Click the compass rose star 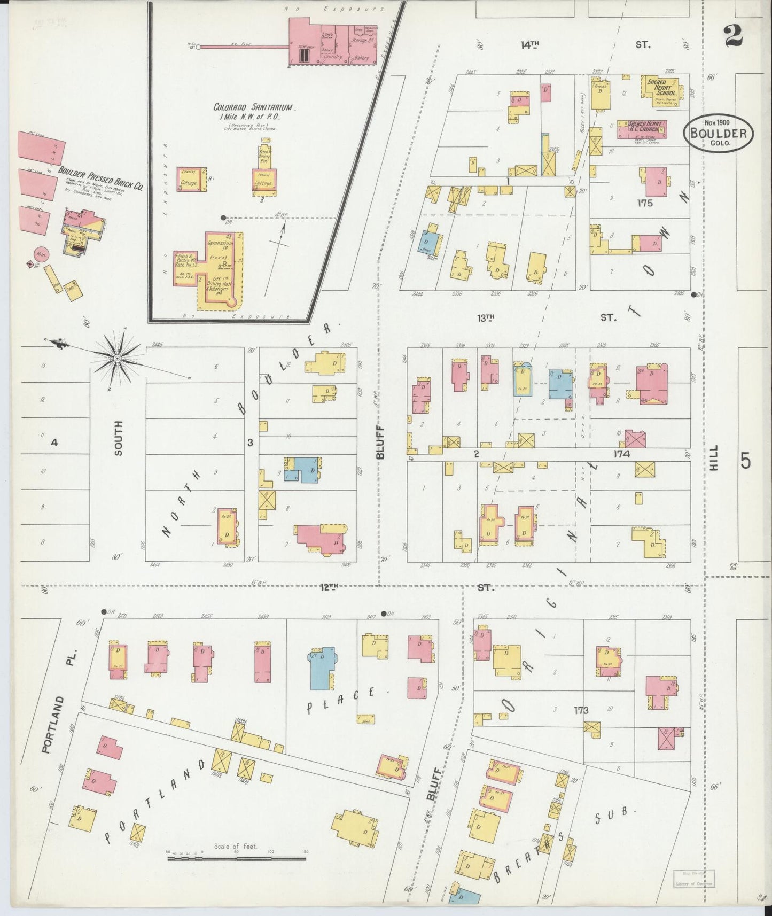tap(118, 357)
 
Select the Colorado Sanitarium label tap(255, 107)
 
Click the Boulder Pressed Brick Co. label tap(101, 179)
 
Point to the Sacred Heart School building tap(661, 87)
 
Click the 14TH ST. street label tap(529, 45)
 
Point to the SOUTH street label tap(118, 438)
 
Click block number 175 tap(644, 203)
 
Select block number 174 tap(622, 454)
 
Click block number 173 tap(581, 710)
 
